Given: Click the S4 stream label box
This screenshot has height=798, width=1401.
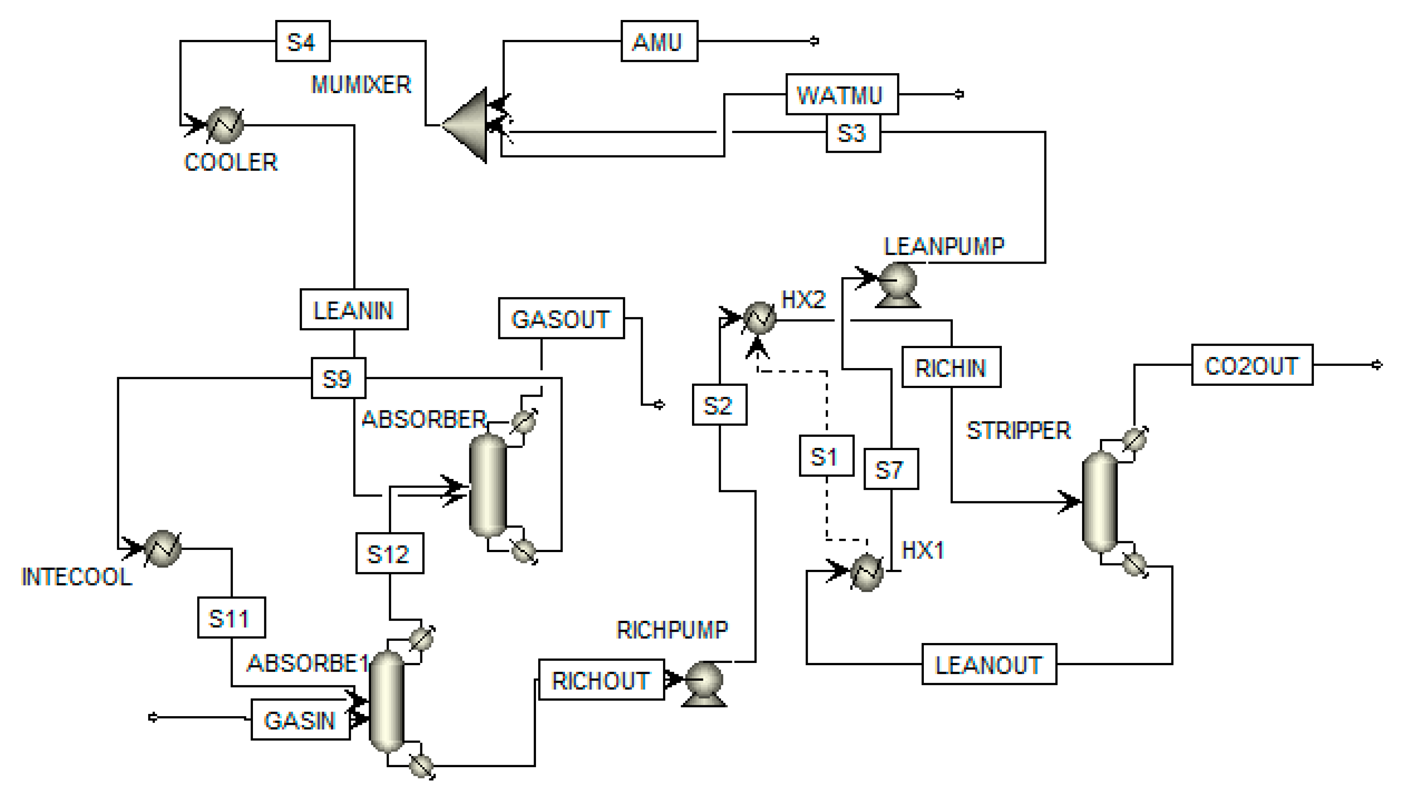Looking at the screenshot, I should [302, 41].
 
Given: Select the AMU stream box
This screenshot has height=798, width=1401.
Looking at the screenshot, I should [659, 41].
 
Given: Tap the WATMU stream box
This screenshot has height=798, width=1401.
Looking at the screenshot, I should [841, 94].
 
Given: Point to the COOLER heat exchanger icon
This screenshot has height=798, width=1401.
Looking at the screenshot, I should [225, 124].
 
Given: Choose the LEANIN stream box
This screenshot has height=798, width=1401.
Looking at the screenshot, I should [354, 310].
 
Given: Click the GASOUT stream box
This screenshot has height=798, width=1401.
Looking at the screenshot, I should [561, 318].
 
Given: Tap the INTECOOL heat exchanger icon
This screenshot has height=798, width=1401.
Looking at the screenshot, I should [162, 548].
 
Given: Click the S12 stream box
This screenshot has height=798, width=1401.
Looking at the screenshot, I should [389, 554].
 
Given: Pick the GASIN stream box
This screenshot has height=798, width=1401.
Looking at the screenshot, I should [300, 720].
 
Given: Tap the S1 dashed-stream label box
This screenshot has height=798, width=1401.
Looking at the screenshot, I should [826, 456].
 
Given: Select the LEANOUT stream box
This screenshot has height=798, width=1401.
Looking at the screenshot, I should [989, 664].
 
